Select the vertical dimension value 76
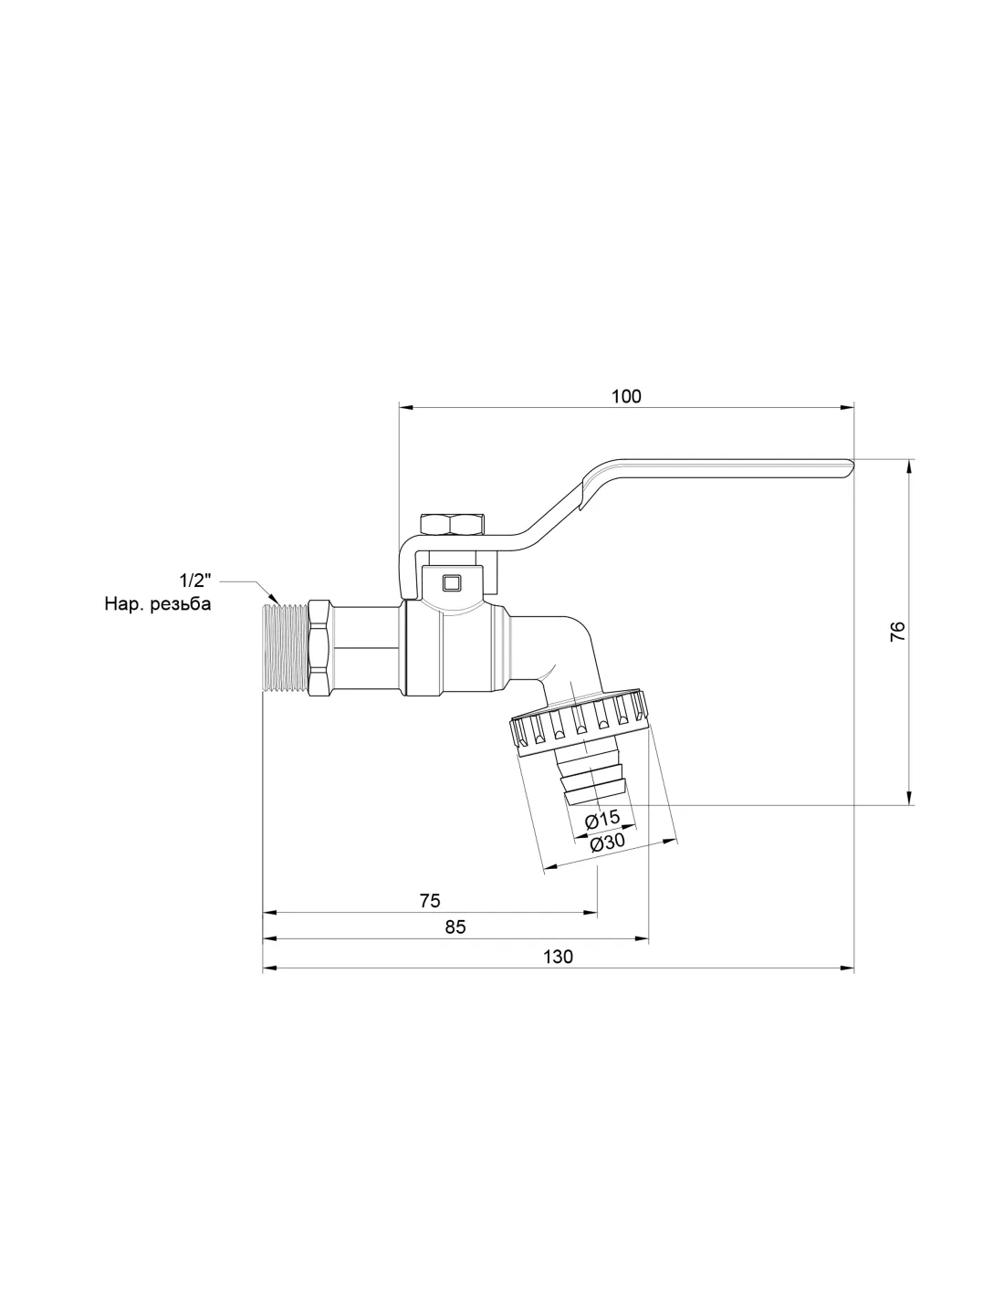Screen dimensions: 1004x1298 (898, 632)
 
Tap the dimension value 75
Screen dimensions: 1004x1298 (429, 900)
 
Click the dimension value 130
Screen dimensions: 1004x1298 (558, 957)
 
